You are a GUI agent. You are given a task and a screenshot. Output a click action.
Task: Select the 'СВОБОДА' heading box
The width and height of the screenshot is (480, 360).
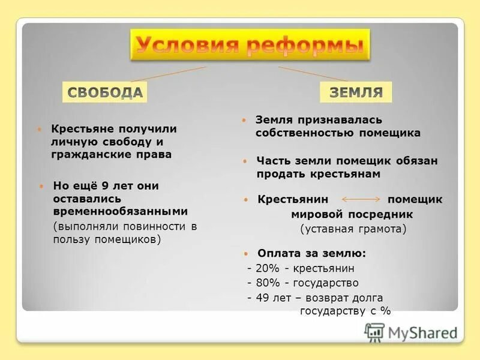[x=105, y=92]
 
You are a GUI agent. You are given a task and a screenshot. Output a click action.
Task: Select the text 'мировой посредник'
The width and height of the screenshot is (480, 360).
[x=352, y=214]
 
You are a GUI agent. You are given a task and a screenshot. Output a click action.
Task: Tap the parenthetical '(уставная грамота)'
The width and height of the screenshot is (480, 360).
[x=353, y=229]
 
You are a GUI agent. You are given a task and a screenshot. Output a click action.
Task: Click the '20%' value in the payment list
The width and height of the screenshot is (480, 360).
[x=264, y=268]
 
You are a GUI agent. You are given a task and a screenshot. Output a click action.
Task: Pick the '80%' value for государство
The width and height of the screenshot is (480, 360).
[x=264, y=283]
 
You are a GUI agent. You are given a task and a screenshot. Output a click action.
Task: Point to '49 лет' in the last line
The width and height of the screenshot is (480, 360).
[x=269, y=298]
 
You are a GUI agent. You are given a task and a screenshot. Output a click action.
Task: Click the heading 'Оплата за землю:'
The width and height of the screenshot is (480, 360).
[x=311, y=253]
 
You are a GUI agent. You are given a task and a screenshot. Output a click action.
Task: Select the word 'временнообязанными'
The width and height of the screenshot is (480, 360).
[x=120, y=211]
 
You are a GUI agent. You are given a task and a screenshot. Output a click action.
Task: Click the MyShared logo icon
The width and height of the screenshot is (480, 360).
[x=374, y=332]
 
